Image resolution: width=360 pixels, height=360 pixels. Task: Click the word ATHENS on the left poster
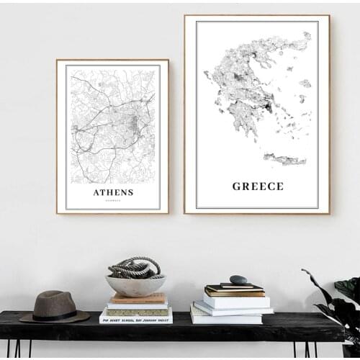click(x=113, y=192)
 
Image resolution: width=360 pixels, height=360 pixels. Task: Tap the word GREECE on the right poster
click(x=257, y=186)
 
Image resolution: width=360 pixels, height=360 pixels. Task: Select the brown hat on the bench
click(x=54, y=305)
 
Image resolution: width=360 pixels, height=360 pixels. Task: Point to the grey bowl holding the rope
click(x=135, y=285)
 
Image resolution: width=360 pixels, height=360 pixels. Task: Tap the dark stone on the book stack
click(x=238, y=279)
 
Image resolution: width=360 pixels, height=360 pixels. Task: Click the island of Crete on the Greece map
click(x=284, y=159)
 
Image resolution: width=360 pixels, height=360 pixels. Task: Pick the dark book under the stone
click(x=234, y=289)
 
